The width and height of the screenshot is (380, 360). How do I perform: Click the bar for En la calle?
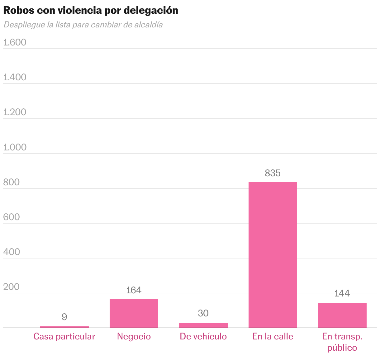click(x=273, y=255)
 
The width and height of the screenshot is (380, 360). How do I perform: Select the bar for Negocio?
click(x=134, y=313)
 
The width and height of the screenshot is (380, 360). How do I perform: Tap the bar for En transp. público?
click(x=342, y=315)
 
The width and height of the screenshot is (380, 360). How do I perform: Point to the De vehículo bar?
click(x=203, y=325)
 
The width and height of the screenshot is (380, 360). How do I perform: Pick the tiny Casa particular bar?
click(x=64, y=327)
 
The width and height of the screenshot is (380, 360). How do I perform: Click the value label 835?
click(x=273, y=173)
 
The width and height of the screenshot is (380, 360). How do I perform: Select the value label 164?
click(x=134, y=290)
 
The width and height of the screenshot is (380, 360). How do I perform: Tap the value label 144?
click(x=342, y=293)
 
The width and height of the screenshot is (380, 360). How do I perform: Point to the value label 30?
click(x=203, y=313)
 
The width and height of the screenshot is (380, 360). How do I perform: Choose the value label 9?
click(x=64, y=317)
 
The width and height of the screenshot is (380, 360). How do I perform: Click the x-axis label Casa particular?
click(x=64, y=337)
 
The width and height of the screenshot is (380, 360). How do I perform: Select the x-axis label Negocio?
click(x=134, y=337)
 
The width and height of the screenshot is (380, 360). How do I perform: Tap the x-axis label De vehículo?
click(x=203, y=337)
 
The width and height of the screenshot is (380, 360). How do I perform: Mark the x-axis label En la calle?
click(x=273, y=337)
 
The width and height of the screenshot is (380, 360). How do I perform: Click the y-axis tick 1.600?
click(x=15, y=42)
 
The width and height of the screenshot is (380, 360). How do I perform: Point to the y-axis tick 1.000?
click(x=15, y=147)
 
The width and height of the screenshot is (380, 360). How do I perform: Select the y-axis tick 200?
click(x=12, y=287)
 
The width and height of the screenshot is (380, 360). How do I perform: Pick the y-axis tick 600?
click(x=12, y=217)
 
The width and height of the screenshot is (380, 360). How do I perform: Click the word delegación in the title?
click(x=151, y=10)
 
